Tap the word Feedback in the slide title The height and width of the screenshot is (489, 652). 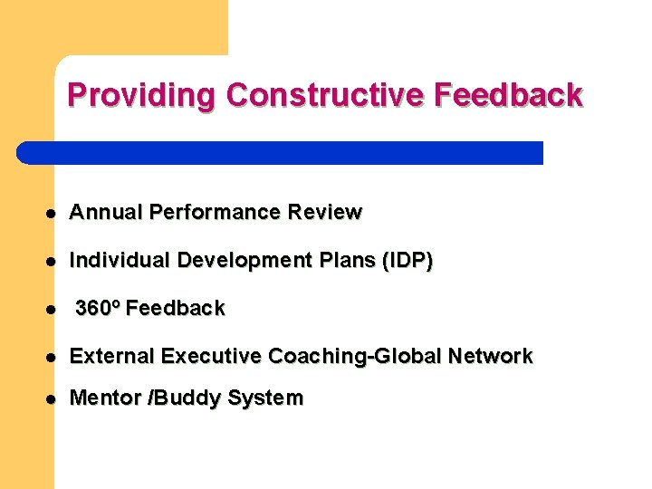(510, 95)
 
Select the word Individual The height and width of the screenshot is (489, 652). (120, 261)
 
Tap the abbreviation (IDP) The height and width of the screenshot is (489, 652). (408, 261)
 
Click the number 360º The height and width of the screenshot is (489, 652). (98, 309)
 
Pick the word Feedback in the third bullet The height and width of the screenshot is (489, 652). (176, 309)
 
